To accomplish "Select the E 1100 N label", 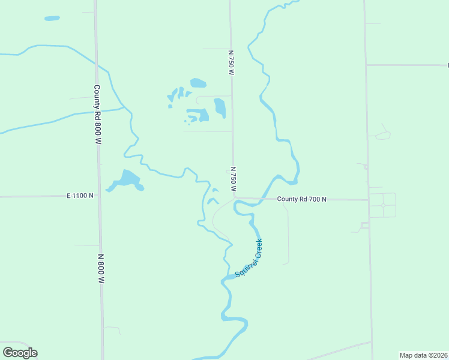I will coord(80,196).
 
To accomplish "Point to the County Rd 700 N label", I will coord(301,199).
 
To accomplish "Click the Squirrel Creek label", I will coord(249,258).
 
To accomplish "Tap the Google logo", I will coord(20,353).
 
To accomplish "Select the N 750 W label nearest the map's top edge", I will coord(231,62).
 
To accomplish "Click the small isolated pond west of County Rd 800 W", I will coord(52,19).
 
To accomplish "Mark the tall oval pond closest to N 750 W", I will coord(220,107).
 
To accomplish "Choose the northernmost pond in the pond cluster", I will coord(198,83).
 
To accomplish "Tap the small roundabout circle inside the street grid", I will coord(383,205).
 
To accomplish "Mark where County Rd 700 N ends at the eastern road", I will coord(369,200).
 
